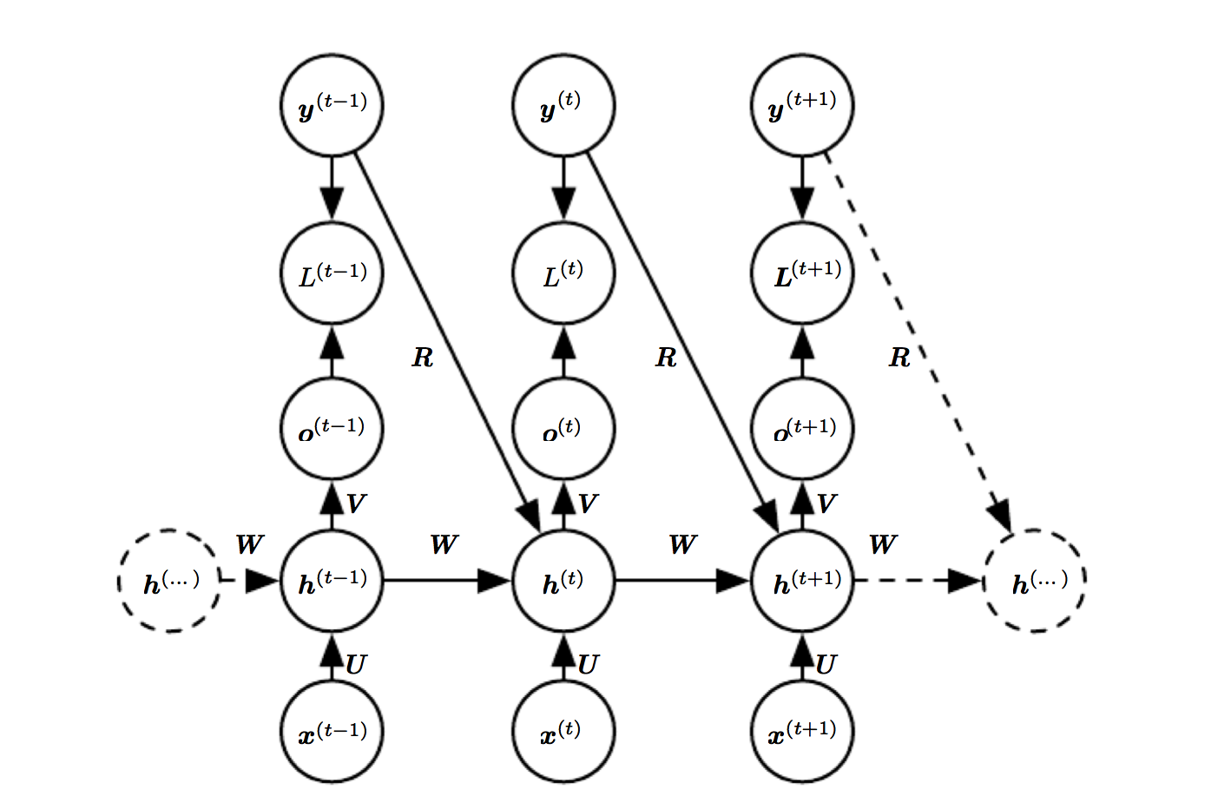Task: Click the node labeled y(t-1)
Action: (x=332, y=106)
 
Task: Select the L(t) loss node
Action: (x=563, y=273)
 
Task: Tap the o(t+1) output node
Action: (x=802, y=427)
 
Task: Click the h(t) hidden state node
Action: (x=563, y=581)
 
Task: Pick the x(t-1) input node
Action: (x=332, y=732)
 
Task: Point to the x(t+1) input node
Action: (x=802, y=732)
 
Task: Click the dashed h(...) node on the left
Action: (x=169, y=581)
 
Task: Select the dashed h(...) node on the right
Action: (x=1035, y=581)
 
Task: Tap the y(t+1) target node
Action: (x=802, y=106)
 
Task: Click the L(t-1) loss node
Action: (x=332, y=273)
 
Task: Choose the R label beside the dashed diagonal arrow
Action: (x=899, y=357)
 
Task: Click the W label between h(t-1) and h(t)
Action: (x=444, y=544)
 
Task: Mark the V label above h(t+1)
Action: (x=826, y=503)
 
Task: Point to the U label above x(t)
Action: (x=588, y=665)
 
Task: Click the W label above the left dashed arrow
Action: (x=249, y=544)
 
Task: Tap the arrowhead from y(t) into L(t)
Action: (x=563, y=205)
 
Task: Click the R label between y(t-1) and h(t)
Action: (x=422, y=357)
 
